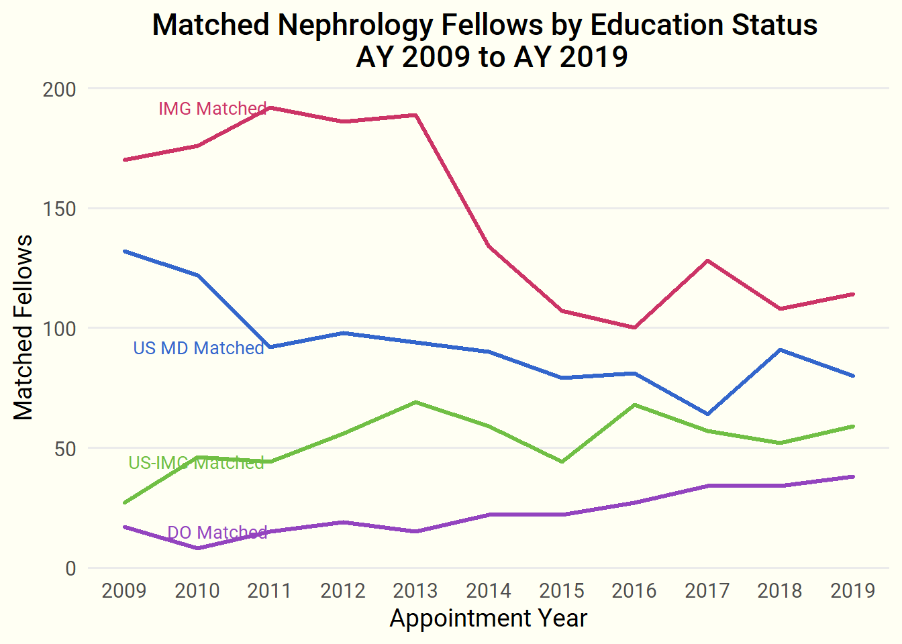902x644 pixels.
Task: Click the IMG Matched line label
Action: (212, 109)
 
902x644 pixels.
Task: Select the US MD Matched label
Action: (199, 348)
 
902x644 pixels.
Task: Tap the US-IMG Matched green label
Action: (196, 463)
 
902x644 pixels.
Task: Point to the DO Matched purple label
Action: (217, 533)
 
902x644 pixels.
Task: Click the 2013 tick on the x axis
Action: (415, 591)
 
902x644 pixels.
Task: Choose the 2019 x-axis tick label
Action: (853, 591)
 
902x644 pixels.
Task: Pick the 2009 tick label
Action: (124, 591)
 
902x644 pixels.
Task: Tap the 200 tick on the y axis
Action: (60, 89)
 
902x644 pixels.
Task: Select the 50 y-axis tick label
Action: (65, 449)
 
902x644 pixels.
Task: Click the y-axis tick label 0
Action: (71, 569)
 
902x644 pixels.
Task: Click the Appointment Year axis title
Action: (488, 619)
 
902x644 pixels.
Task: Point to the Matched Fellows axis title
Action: (23, 327)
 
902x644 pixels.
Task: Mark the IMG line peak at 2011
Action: (270, 107)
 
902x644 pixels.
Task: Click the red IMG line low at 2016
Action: (634, 327)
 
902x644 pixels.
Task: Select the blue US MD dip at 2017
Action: (707, 414)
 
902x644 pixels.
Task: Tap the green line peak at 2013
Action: (416, 402)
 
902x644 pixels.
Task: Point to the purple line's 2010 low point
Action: (197, 548)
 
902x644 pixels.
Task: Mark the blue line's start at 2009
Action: (125, 252)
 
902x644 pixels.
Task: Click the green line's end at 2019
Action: (853, 427)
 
